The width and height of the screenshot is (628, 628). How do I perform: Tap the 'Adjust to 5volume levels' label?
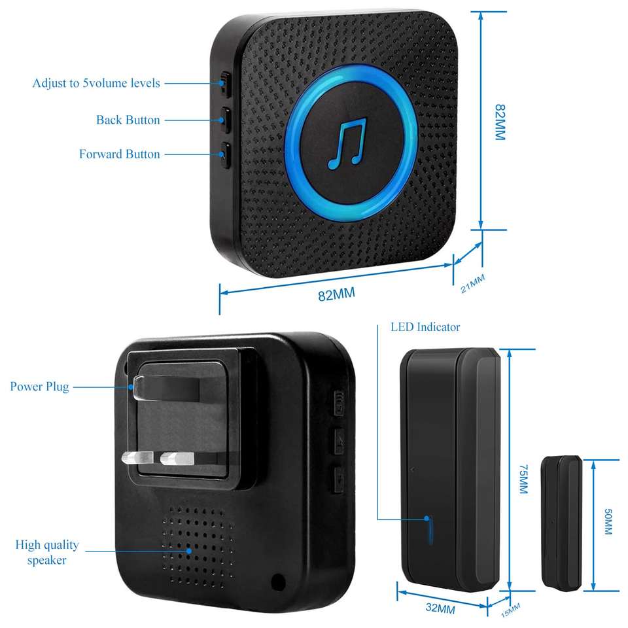click(x=96, y=84)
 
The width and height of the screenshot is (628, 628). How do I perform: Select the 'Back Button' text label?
click(x=128, y=120)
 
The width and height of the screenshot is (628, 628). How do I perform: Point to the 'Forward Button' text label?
click(x=119, y=154)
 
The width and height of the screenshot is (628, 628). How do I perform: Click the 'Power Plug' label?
click(x=39, y=387)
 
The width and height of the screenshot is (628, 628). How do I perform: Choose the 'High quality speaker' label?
click(x=47, y=552)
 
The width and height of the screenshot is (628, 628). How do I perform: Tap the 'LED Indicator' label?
click(x=425, y=327)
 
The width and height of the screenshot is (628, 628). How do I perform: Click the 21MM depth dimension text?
click(x=473, y=284)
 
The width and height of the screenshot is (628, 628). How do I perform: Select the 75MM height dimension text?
click(x=522, y=480)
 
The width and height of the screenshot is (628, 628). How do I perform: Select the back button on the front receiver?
click(x=225, y=120)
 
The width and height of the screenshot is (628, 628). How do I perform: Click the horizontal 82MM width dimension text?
click(x=336, y=294)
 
